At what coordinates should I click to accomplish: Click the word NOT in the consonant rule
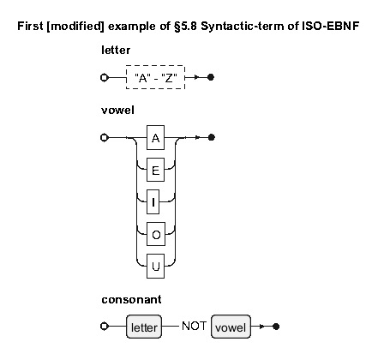click(194, 326)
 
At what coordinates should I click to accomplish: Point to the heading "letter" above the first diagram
click(116, 51)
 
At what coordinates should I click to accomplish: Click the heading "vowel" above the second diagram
click(117, 111)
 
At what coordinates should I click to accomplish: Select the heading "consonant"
click(131, 300)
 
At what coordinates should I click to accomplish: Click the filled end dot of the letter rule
click(211, 77)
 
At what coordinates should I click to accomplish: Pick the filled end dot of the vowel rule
click(211, 137)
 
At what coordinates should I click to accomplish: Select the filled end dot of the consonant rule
click(276, 327)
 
